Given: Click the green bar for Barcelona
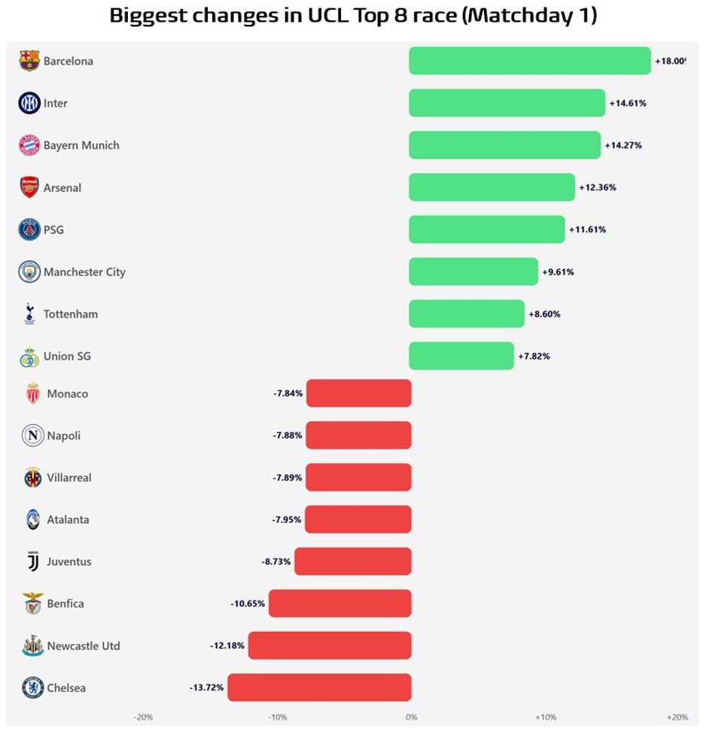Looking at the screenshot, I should (529, 61).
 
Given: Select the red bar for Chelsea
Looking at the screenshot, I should (319, 688).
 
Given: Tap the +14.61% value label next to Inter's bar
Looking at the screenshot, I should (627, 103).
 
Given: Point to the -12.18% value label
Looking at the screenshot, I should (227, 645).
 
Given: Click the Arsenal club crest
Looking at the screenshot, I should (29, 187).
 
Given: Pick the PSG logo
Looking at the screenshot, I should (29, 229).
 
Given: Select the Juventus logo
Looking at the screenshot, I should (32, 561).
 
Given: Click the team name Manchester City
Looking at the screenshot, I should (84, 272).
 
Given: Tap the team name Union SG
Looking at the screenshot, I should (67, 356).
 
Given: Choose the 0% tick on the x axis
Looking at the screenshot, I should (411, 717).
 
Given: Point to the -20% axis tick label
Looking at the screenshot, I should (143, 717).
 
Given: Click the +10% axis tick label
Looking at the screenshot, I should (545, 717).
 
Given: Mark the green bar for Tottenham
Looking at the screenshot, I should (466, 314).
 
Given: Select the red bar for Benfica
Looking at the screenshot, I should (339, 603).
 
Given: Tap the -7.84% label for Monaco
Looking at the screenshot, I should (288, 393).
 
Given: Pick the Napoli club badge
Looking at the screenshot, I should (32, 436).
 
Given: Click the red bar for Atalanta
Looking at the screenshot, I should (358, 519).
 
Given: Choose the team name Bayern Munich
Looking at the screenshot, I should (81, 145).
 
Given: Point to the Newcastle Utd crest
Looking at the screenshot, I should (32, 645).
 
